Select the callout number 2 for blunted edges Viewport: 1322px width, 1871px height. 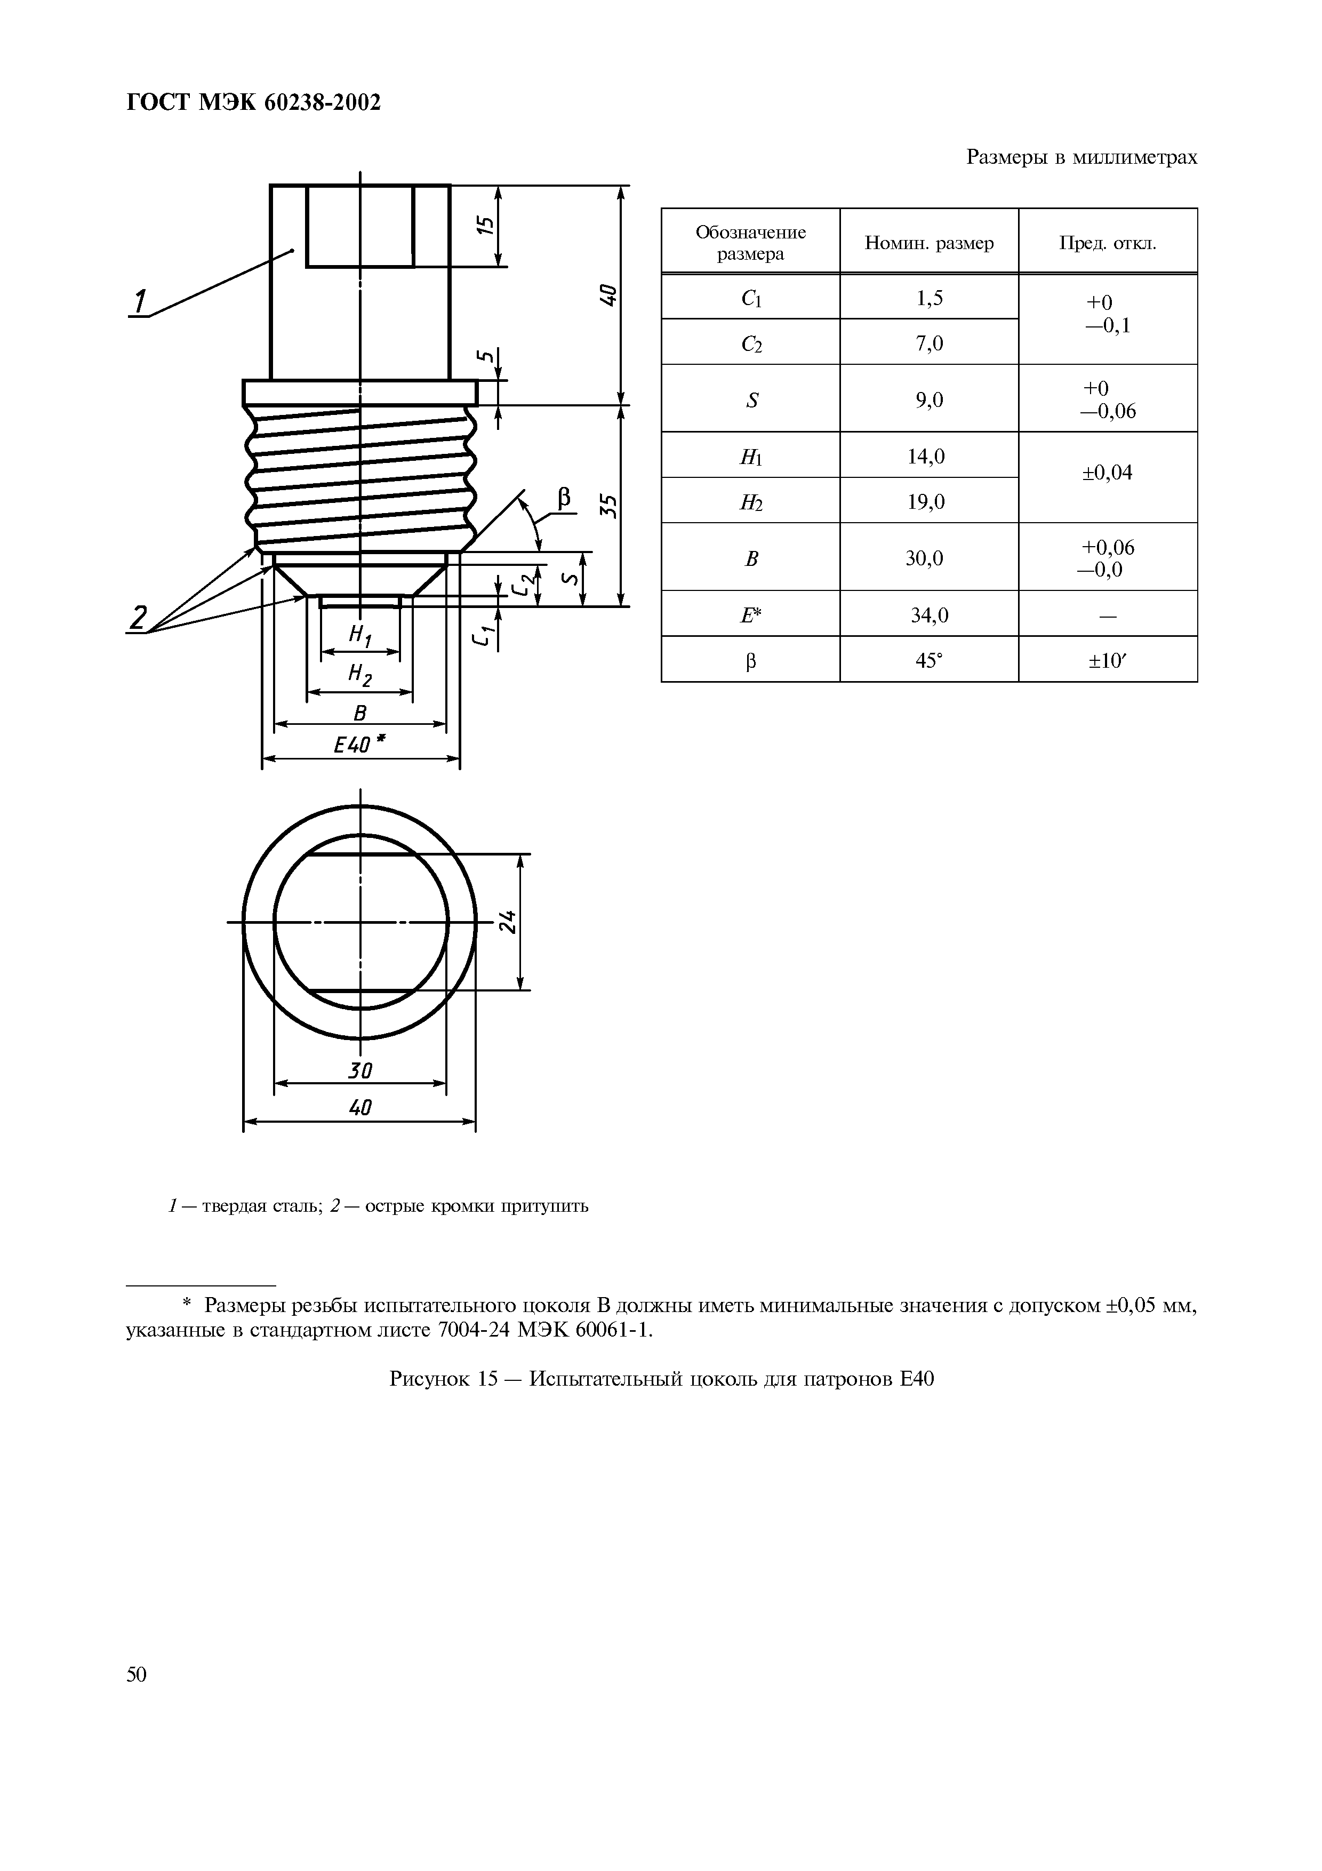pos(139,618)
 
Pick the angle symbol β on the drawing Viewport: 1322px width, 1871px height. pos(564,497)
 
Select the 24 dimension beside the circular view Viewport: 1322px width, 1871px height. pos(508,922)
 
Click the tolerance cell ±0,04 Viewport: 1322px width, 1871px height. pos(1107,473)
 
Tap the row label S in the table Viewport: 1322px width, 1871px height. pos(751,400)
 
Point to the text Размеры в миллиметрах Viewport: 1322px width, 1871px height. pos(1081,157)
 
